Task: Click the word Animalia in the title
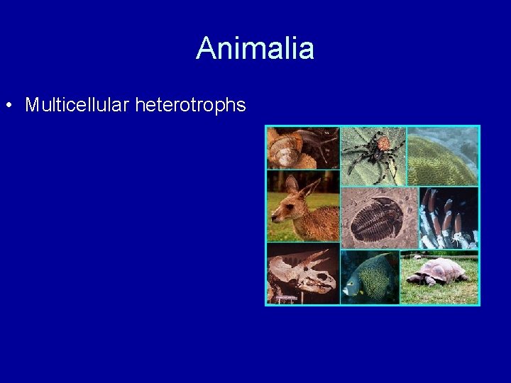(x=255, y=49)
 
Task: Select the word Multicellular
(x=77, y=106)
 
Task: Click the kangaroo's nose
(x=274, y=213)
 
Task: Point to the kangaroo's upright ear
(x=310, y=188)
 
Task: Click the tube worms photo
(x=448, y=218)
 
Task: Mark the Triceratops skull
(x=302, y=273)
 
